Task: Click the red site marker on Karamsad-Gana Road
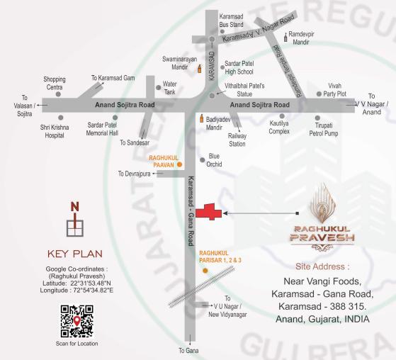(209, 212)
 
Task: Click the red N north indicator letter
(74, 207)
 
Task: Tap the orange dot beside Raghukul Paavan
(179, 163)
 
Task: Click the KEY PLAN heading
(75, 253)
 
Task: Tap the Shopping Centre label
(55, 83)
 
